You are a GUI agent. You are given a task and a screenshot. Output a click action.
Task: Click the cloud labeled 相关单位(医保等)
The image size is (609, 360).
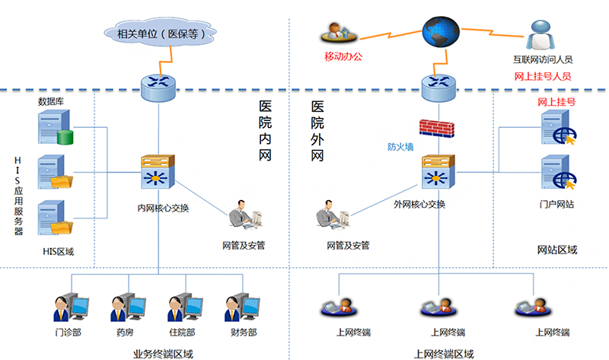pos(158,33)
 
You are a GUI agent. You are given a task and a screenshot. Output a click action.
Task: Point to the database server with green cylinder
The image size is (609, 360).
pos(54,127)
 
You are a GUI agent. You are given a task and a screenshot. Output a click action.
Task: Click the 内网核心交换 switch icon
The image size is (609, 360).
pos(158,174)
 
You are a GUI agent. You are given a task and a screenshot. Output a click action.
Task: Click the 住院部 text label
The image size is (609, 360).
pos(182,333)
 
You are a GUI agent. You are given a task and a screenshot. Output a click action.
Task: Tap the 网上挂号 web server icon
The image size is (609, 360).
pos(556,128)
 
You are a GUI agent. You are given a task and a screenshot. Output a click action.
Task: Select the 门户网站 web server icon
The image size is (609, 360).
pos(556,174)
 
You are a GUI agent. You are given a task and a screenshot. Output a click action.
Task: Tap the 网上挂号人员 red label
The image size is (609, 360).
pos(543,76)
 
